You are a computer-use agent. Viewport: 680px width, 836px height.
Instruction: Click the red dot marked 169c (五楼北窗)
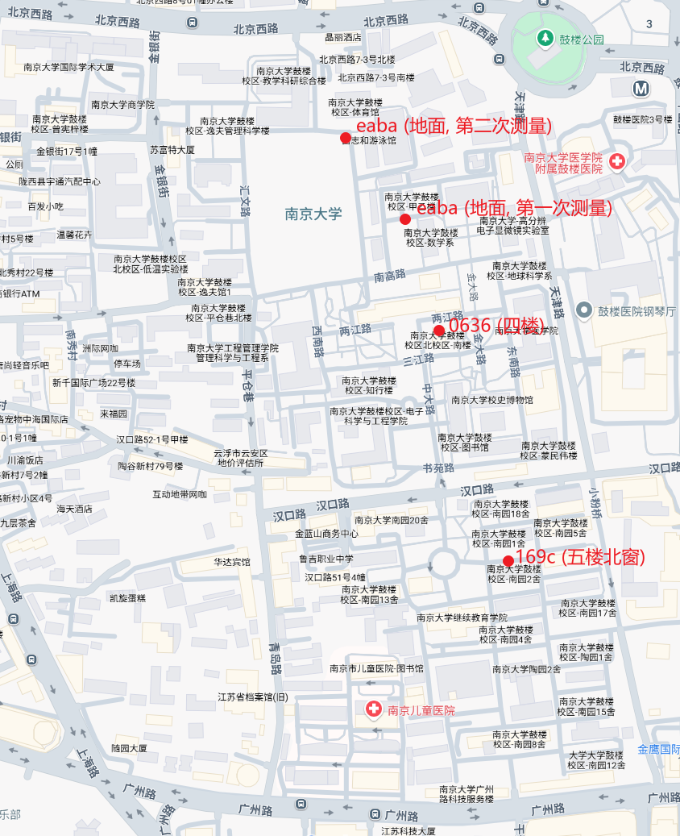click(508, 561)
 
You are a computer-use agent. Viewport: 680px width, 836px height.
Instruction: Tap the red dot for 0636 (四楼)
click(439, 331)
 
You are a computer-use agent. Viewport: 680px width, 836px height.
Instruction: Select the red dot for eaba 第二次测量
click(346, 138)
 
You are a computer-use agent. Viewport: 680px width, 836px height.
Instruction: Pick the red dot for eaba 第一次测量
click(405, 219)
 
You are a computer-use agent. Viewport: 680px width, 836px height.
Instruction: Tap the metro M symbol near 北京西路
click(641, 89)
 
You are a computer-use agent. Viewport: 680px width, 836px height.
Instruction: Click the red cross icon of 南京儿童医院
click(374, 710)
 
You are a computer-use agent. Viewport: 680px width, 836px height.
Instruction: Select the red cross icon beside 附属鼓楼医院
click(618, 162)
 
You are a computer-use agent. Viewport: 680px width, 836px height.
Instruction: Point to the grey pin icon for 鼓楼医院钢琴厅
click(583, 310)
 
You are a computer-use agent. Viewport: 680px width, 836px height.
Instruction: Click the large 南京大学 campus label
click(313, 214)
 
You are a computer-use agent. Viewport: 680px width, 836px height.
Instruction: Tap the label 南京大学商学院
click(122, 104)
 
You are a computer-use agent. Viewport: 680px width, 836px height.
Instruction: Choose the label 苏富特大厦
click(172, 150)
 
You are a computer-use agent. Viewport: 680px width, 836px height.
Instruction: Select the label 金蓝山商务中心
click(327, 533)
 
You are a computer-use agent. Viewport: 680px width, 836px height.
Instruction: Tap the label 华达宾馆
click(231, 562)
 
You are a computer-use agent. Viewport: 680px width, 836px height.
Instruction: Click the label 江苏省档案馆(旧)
click(253, 697)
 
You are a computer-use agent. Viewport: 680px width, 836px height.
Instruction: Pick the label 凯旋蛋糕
click(127, 598)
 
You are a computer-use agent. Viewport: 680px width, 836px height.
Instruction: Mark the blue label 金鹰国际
click(658, 749)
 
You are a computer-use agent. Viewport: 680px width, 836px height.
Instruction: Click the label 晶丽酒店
click(342, 37)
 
